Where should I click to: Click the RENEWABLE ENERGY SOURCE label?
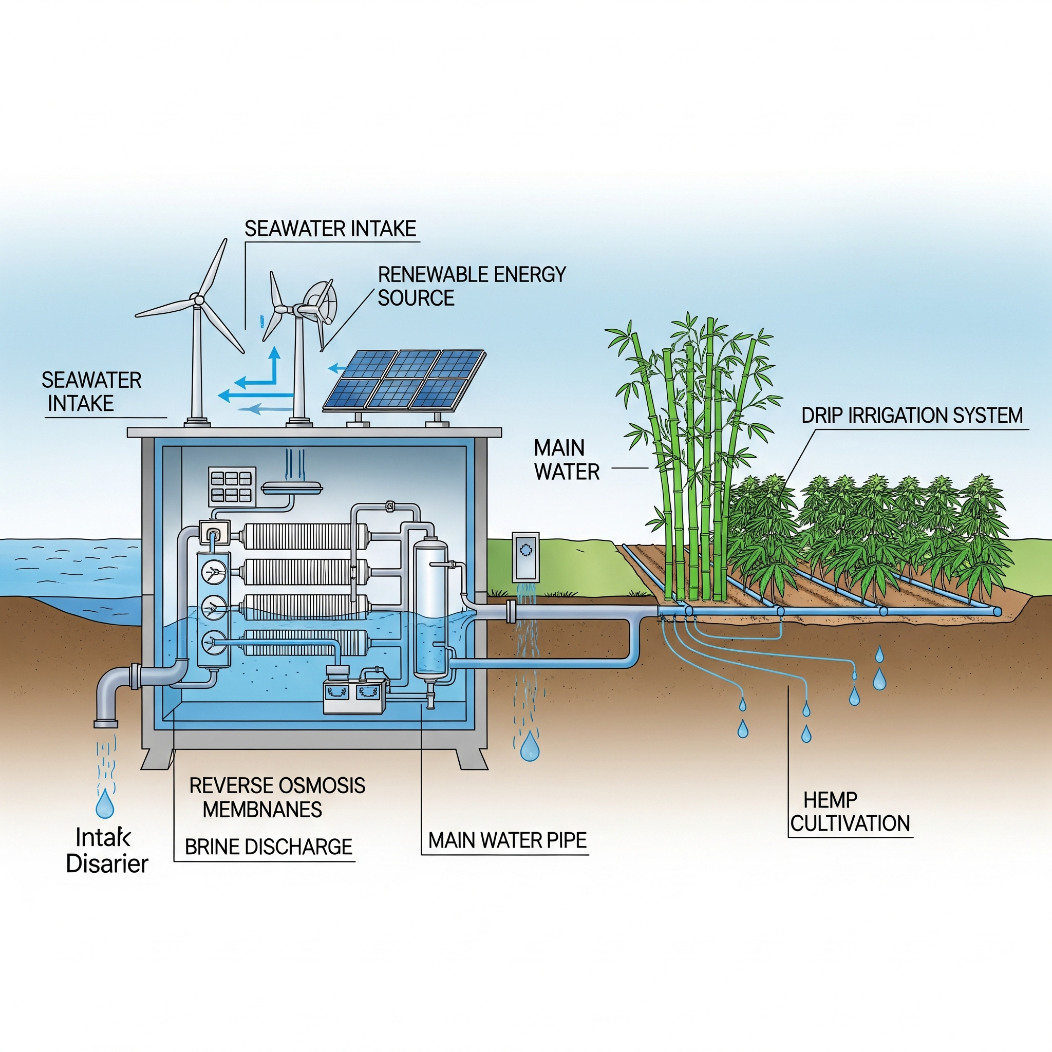[x=472, y=286]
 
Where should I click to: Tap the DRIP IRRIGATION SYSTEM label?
[x=912, y=416]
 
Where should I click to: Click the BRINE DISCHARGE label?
[x=269, y=847]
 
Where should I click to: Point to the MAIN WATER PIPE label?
[x=507, y=841]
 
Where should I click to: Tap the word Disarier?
[x=107, y=864]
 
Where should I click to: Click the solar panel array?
[x=404, y=380]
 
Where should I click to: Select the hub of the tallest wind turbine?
[x=198, y=299]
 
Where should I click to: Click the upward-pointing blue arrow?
[x=274, y=360]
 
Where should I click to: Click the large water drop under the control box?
[x=529, y=746]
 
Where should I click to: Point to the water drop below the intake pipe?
[x=105, y=804]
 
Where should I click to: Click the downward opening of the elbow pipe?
[x=106, y=724]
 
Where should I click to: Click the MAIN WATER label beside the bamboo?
[x=566, y=460]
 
